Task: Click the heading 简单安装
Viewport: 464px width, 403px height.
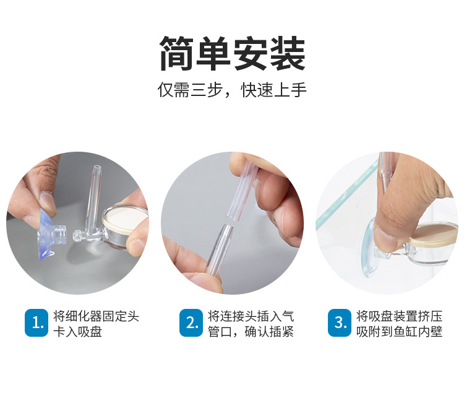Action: pyautogui.click(x=232, y=53)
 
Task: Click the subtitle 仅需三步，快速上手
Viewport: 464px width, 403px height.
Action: pyautogui.click(x=232, y=90)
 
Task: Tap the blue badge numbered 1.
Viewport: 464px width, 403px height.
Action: pyautogui.click(x=37, y=323)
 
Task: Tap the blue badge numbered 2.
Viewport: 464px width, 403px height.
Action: pyautogui.click(x=191, y=323)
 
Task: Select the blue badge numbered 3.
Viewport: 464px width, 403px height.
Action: pyautogui.click(x=340, y=323)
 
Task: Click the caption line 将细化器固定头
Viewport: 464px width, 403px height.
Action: pyautogui.click(x=96, y=316)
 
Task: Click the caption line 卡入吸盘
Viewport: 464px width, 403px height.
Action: pyautogui.click(x=77, y=332)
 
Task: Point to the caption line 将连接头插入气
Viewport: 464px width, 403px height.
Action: pyautogui.click(x=251, y=316)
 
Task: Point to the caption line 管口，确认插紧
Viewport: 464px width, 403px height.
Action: pyautogui.click(x=251, y=332)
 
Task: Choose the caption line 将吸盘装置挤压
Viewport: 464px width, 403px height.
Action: pyautogui.click(x=400, y=316)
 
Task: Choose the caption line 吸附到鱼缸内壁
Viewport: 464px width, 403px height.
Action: pyautogui.click(x=400, y=332)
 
